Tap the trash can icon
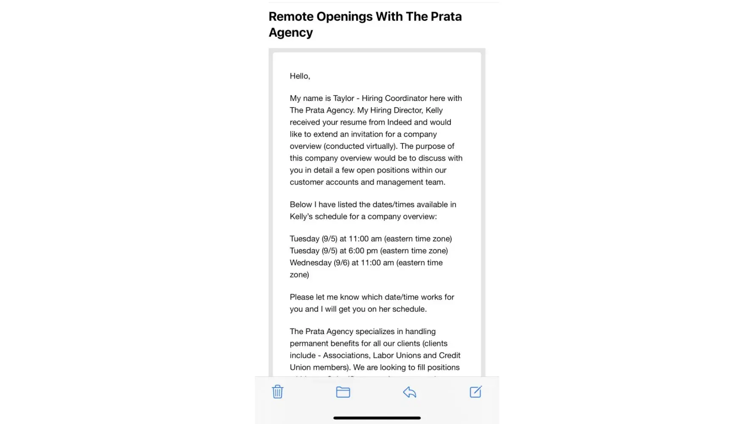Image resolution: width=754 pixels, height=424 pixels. coord(277,392)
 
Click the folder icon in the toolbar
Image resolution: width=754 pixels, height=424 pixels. coord(343,392)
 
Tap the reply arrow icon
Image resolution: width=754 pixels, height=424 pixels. coord(409,392)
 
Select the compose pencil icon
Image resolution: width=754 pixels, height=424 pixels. coord(475,392)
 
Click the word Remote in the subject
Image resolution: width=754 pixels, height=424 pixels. coord(290,17)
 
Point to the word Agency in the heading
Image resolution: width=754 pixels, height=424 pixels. coord(290,33)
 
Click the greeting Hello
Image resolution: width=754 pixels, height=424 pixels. coord(299,76)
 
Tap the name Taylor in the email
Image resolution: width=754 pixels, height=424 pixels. coord(343,98)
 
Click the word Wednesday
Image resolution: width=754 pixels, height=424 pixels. coord(310,263)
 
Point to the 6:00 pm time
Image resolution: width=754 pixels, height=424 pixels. coord(363,251)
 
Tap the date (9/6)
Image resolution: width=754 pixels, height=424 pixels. coord(341,263)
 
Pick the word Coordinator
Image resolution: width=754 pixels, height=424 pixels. coord(406,98)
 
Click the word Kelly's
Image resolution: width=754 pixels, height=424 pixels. coord(301,217)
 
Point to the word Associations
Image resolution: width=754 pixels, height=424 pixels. coord(346,356)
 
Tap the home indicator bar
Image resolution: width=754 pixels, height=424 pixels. coord(377,418)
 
